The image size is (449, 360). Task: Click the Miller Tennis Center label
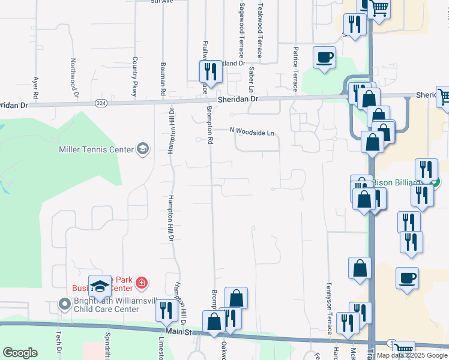pos(96,149)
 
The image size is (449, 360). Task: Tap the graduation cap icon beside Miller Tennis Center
pos(143,148)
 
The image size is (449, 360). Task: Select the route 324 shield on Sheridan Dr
pos(100,103)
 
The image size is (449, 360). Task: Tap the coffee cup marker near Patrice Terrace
pos(324,58)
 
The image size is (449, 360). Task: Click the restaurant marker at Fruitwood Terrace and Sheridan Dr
pos(211,72)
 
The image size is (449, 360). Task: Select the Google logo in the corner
pos(20,353)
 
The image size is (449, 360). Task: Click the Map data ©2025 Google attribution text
pos(412,355)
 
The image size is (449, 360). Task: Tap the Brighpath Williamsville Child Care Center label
pos(106,305)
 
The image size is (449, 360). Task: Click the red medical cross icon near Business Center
pos(141,281)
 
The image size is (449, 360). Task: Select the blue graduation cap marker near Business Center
pos(100,286)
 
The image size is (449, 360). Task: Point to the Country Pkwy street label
pos(135,77)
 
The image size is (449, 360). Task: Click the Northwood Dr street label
pos(74,77)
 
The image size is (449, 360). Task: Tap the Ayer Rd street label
pos(36,87)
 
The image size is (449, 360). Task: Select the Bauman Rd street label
pos(162,78)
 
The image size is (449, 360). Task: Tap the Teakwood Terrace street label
pos(260,30)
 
